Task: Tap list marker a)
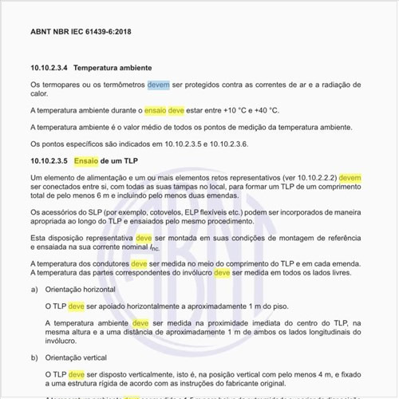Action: pyautogui.click(x=34, y=289)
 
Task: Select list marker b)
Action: pyautogui.click(x=34, y=358)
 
